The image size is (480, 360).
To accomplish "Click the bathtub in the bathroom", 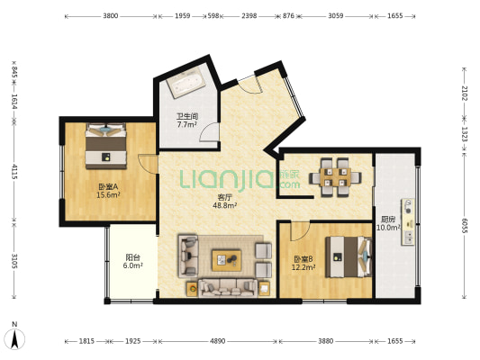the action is pos(186,83).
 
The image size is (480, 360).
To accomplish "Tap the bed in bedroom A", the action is pos(106,146).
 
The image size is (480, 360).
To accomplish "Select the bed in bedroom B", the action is pos(349,256).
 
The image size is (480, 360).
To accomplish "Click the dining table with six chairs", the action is pos(335,177).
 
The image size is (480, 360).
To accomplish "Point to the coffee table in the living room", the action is pos(227,260).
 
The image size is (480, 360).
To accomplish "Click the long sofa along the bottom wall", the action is pos(228,288).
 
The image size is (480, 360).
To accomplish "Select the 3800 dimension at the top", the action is pos(111,16).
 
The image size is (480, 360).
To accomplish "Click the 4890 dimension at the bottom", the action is pos(218,341).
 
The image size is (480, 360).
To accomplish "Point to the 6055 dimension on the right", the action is pos(464,226).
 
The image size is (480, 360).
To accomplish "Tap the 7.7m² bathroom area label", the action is pos(186,125).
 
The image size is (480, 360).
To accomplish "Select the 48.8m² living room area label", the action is pos(225,205).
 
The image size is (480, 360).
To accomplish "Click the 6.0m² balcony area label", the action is pos(133,265).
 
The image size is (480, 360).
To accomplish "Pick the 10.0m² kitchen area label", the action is pos(388,228).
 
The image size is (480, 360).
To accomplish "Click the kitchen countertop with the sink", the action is pos(408,221).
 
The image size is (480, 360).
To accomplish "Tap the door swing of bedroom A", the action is pos(148,164).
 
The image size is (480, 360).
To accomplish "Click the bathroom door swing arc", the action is pos(210,131).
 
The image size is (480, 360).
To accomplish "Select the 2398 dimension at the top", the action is pos(249,16).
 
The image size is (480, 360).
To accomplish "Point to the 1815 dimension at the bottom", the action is pos(87,341).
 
